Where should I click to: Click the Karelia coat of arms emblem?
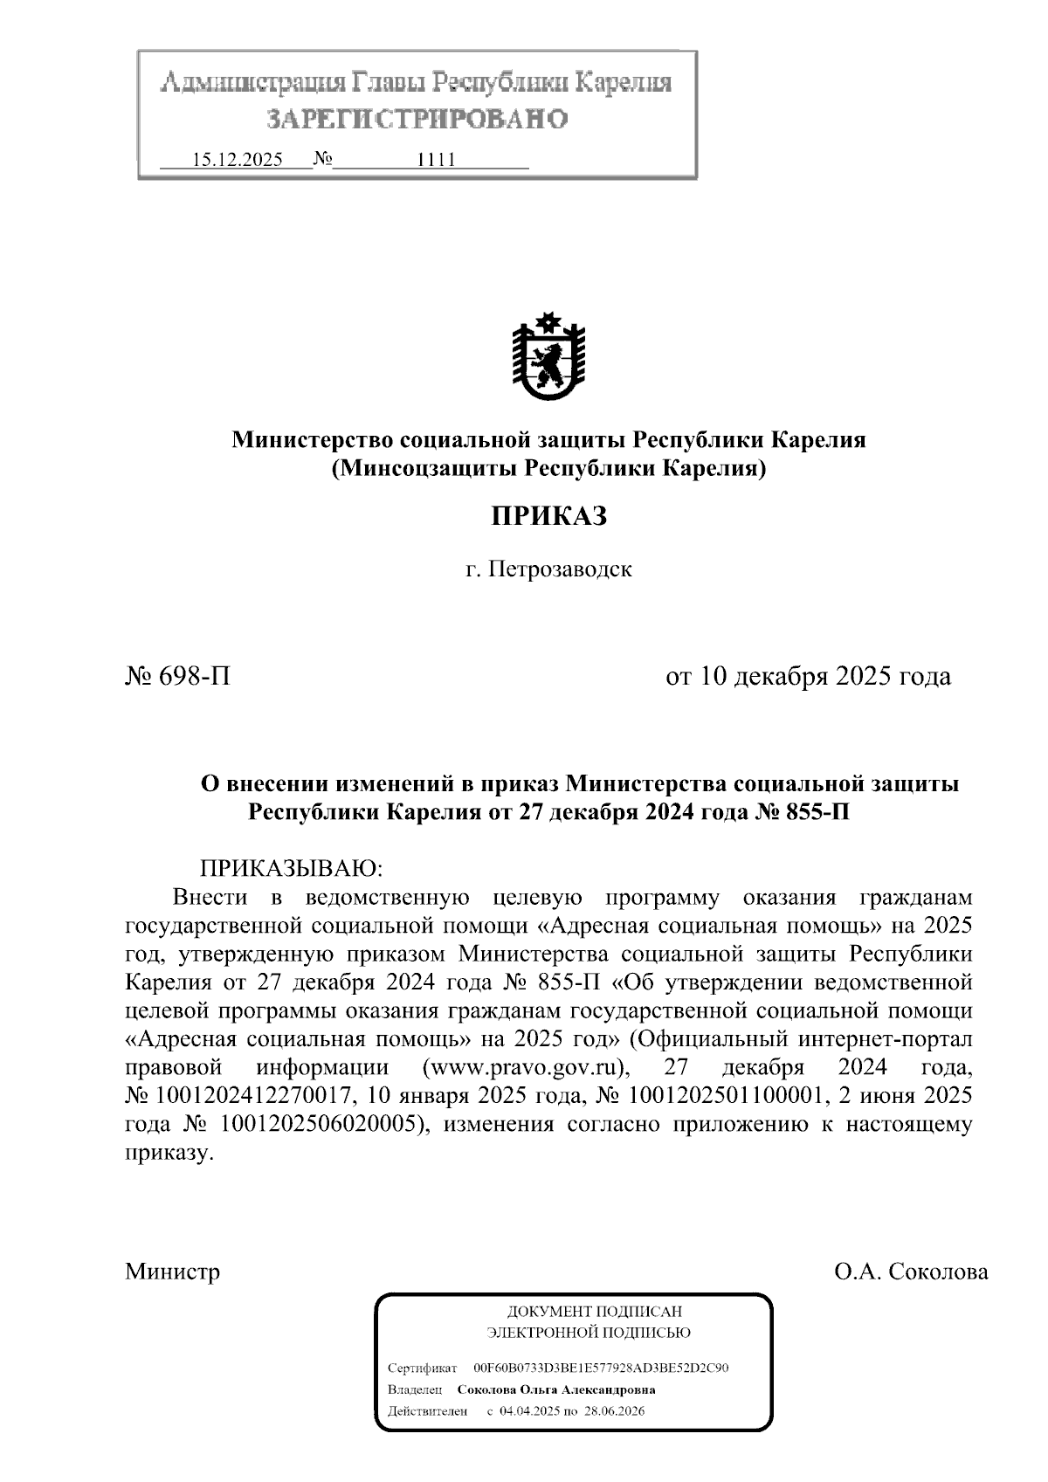pos(548,355)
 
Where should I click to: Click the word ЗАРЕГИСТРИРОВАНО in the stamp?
pos(417,118)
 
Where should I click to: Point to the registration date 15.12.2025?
pos(237,160)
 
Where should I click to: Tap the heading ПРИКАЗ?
pos(548,516)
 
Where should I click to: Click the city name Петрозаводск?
pos(560,570)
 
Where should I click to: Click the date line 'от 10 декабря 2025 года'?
pos(808,676)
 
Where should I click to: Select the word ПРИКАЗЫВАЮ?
pos(293,869)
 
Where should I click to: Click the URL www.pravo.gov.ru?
pos(526,1067)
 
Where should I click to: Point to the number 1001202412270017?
pos(253,1095)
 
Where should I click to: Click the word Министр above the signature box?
pos(173,1271)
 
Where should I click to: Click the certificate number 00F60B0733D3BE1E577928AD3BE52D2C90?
pos(601,1368)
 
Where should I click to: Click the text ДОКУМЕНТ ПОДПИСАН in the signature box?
pos(594,1312)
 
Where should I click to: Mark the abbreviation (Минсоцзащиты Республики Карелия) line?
pos(548,469)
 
